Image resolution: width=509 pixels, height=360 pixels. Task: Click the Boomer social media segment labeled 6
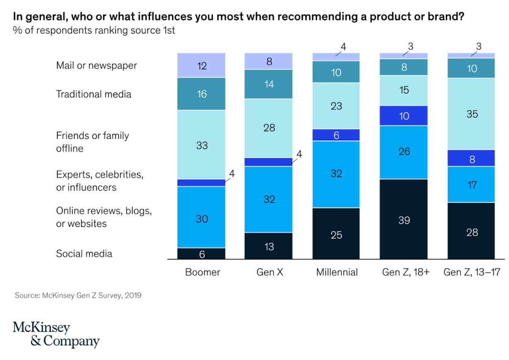pyautogui.click(x=201, y=254)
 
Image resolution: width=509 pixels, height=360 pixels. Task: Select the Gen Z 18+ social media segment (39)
pyautogui.click(x=404, y=219)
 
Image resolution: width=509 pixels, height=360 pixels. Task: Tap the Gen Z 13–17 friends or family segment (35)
pyautogui.click(x=472, y=114)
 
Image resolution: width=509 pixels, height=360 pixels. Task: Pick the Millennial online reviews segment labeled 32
pyautogui.click(x=336, y=174)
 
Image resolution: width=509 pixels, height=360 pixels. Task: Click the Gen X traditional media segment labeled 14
pyautogui.click(x=268, y=84)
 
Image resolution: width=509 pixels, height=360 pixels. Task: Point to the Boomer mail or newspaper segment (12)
pyautogui.click(x=201, y=65)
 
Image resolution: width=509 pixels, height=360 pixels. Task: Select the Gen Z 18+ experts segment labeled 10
pyautogui.click(x=404, y=116)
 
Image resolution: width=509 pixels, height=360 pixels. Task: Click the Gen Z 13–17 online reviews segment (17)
pyautogui.click(x=472, y=184)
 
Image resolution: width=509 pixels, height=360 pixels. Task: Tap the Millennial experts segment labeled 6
pyautogui.click(x=336, y=135)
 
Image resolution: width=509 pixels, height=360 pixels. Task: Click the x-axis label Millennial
pyautogui.click(x=337, y=272)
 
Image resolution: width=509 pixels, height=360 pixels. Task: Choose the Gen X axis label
pyautogui.click(x=269, y=272)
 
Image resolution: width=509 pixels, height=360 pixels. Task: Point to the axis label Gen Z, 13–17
pyautogui.click(x=472, y=272)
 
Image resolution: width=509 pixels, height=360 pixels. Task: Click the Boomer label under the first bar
pyautogui.click(x=202, y=272)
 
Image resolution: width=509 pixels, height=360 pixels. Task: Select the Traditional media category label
pyautogui.click(x=94, y=94)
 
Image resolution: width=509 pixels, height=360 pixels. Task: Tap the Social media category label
pyautogui.click(x=84, y=254)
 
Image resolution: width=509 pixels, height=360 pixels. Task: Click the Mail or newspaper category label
pyautogui.click(x=96, y=65)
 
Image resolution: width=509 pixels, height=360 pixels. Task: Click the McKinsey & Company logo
pyautogui.click(x=56, y=335)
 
